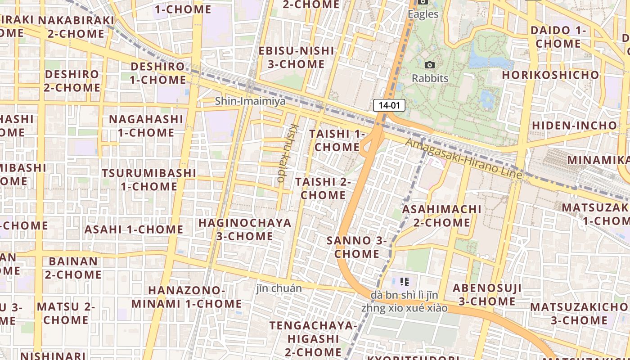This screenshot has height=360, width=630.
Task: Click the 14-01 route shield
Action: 389,106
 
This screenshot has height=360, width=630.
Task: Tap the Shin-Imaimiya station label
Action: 250,101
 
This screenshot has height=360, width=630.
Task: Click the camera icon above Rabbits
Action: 430,65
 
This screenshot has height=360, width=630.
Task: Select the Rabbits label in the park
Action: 430,78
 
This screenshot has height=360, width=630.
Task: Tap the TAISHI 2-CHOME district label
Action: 323,189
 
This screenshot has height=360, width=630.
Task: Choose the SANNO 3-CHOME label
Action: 357,247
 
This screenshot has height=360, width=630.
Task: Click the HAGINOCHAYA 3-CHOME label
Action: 245,229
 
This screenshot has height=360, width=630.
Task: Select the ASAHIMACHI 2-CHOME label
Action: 442,216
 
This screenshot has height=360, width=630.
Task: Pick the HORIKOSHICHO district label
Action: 551,75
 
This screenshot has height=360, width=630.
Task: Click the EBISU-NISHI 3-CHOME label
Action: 296,57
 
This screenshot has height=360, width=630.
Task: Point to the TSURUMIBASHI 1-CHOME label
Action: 149,180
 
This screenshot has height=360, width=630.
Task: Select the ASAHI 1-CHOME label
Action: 134,229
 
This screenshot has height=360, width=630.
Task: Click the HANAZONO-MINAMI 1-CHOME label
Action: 186,297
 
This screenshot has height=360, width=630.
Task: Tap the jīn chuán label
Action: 279,288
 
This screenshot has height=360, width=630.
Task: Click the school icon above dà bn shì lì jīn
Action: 404,282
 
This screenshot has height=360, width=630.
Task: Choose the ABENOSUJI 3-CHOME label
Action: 487,295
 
